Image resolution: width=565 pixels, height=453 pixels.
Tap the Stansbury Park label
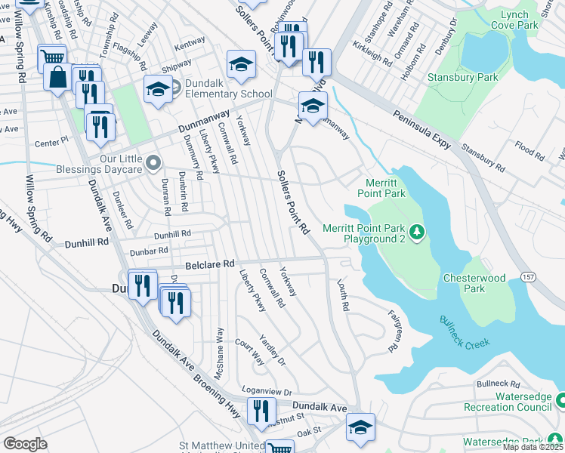point(452,77)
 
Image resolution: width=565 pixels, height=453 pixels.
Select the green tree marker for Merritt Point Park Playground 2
point(416,230)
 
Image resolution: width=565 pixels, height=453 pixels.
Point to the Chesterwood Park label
point(474,283)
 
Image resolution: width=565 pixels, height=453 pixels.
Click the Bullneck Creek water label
point(465,331)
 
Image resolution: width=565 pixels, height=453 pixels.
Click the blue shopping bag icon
point(58,76)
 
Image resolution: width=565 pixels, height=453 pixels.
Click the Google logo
point(25,444)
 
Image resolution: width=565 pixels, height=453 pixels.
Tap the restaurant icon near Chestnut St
point(261,411)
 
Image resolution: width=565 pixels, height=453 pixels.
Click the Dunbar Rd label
point(148,251)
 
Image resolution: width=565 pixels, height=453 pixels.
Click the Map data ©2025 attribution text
point(532,447)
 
